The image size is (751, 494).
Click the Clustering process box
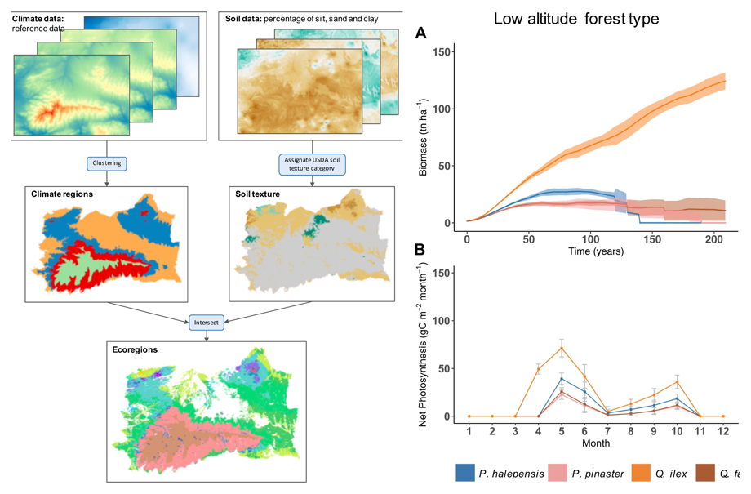[107, 162]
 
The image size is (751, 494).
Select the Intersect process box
[207, 322]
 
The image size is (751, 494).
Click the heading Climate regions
[62, 194]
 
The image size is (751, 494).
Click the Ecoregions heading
[135, 349]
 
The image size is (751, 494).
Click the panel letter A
[421, 33]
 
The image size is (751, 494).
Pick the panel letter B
[421, 250]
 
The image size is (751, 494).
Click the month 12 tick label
[722, 430]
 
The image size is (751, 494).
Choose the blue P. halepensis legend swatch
[465, 473]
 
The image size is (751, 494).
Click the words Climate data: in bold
[38, 18]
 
